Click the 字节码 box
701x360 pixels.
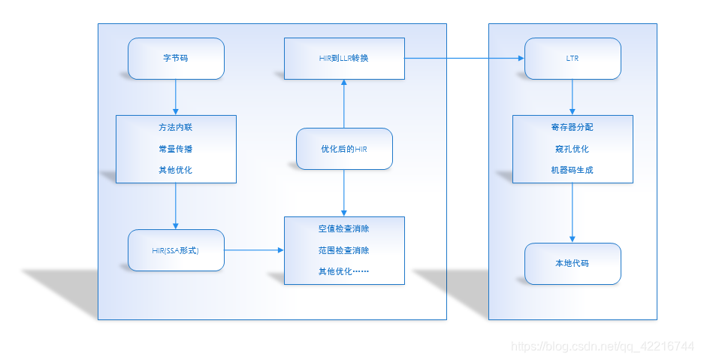tap(176, 58)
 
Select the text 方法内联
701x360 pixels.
tap(175, 128)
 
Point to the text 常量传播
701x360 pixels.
tap(175, 149)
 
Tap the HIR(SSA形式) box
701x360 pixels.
tap(176, 250)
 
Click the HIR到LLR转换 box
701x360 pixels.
tap(343, 58)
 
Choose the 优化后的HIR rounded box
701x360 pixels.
tap(343, 149)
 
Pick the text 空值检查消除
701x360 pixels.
tap(343, 229)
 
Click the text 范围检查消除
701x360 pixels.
tap(343, 250)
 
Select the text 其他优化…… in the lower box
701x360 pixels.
tap(343, 271)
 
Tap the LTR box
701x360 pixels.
tap(573, 58)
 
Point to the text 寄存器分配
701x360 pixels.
tap(572, 128)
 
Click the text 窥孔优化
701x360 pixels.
tap(572, 149)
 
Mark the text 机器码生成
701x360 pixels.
tap(572, 170)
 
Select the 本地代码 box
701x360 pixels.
tap(573, 264)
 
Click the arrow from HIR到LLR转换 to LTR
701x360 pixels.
tap(464, 58)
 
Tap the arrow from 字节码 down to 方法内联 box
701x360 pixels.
tap(176, 97)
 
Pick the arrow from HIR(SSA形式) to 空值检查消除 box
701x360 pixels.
tap(254, 250)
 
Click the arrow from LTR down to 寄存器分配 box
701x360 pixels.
tap(573, 97)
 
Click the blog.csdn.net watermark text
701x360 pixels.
tap(602, 346)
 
